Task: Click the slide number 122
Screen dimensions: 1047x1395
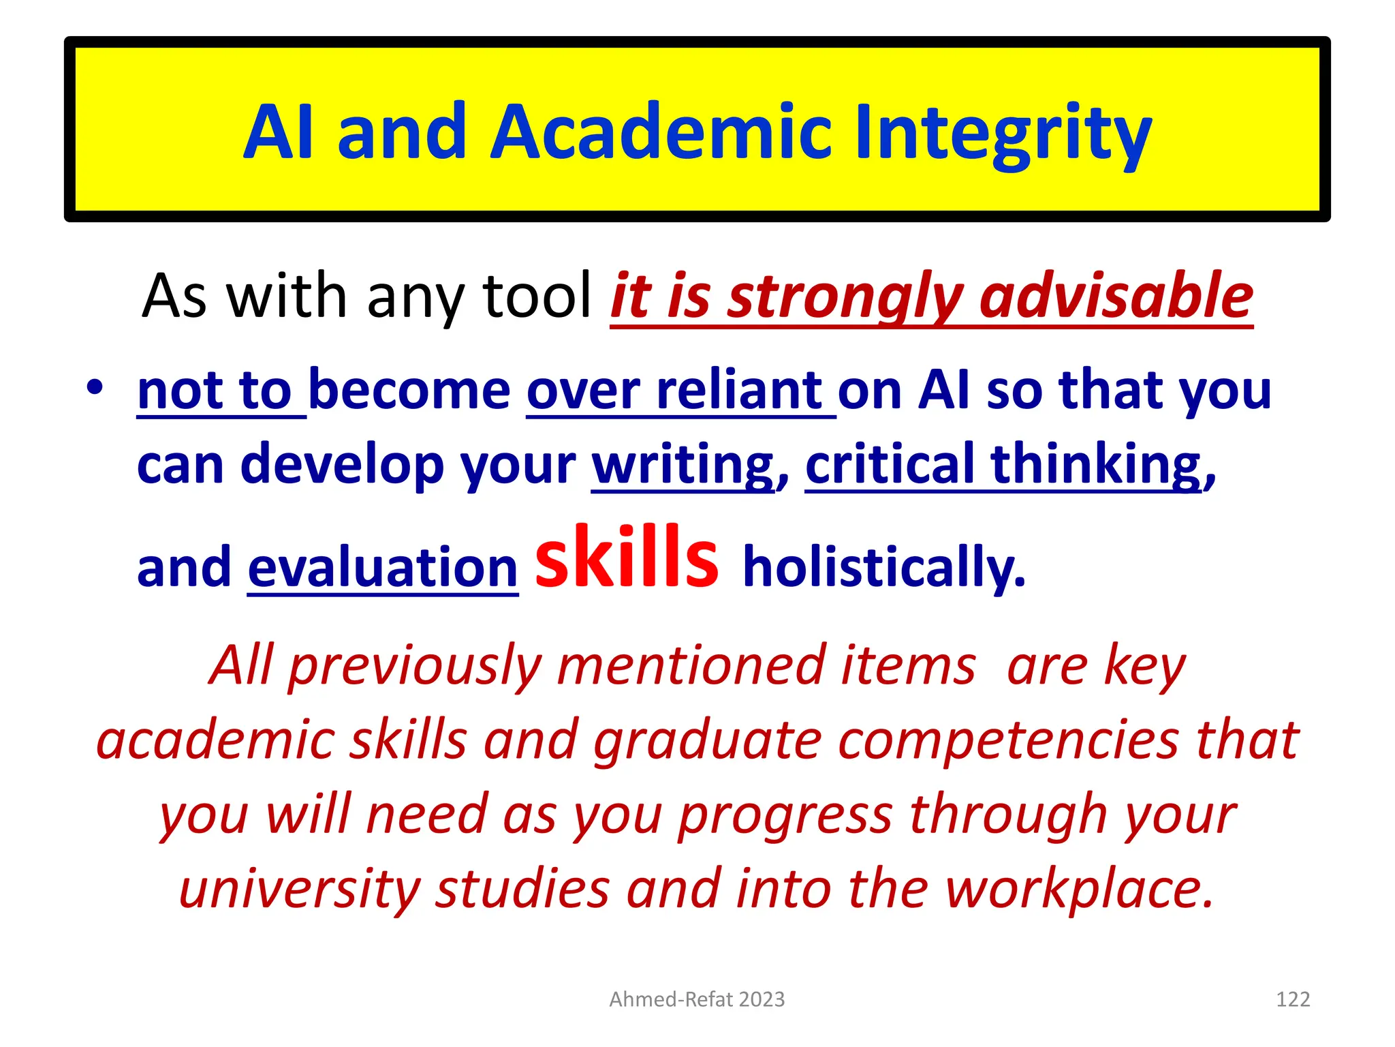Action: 1293,999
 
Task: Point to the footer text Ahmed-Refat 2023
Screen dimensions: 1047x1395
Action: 697,999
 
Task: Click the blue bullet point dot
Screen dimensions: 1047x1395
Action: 95,389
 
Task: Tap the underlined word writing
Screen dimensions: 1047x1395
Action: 683,466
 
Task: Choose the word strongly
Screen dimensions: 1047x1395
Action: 845,297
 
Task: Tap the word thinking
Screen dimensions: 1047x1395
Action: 1096,466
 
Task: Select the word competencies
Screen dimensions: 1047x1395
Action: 1008,740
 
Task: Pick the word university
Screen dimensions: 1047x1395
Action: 299,889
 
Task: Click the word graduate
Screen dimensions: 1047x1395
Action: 708,742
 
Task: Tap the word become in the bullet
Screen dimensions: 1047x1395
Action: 409,391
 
